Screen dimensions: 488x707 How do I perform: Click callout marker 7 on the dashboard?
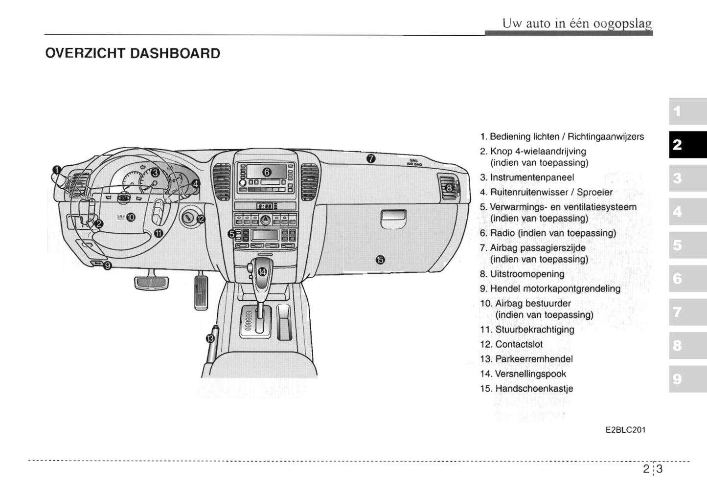(371, 158)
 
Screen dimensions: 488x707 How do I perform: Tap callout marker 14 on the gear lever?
(263, 272)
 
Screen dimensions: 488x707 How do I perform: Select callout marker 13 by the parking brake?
(210, 338)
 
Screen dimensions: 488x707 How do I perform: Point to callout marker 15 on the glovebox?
(380, 260)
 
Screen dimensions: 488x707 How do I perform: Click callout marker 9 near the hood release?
(107, 266)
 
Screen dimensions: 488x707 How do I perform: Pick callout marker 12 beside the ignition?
(201, 219)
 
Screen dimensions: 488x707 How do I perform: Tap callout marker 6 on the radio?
(267, 172)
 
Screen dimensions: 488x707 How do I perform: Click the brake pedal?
(151, 282)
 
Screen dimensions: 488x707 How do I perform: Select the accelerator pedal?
(202, 291)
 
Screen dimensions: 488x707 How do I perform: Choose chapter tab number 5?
(687, 245)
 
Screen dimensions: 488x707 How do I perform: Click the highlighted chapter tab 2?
(687, 145)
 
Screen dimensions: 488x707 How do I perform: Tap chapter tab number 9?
(687, 379)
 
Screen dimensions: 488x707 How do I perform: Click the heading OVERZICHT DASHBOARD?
(133, 53)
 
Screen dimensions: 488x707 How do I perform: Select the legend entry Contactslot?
(519, 344)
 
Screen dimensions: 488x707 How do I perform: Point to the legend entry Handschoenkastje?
(534, 389)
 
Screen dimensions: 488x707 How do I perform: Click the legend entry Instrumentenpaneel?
(532, 177)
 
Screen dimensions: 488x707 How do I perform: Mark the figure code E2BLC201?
(625, 430)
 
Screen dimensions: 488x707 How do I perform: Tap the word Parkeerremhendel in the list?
(534, 359)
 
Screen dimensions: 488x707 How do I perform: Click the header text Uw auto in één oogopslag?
(577, 23)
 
